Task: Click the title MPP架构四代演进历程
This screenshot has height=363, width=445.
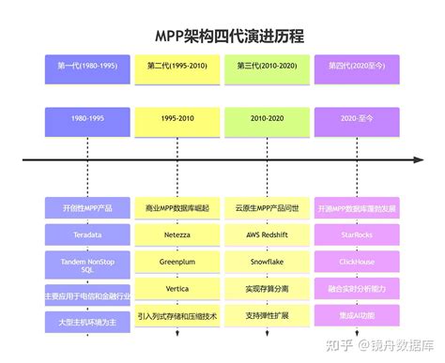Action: (x=222, y=36)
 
